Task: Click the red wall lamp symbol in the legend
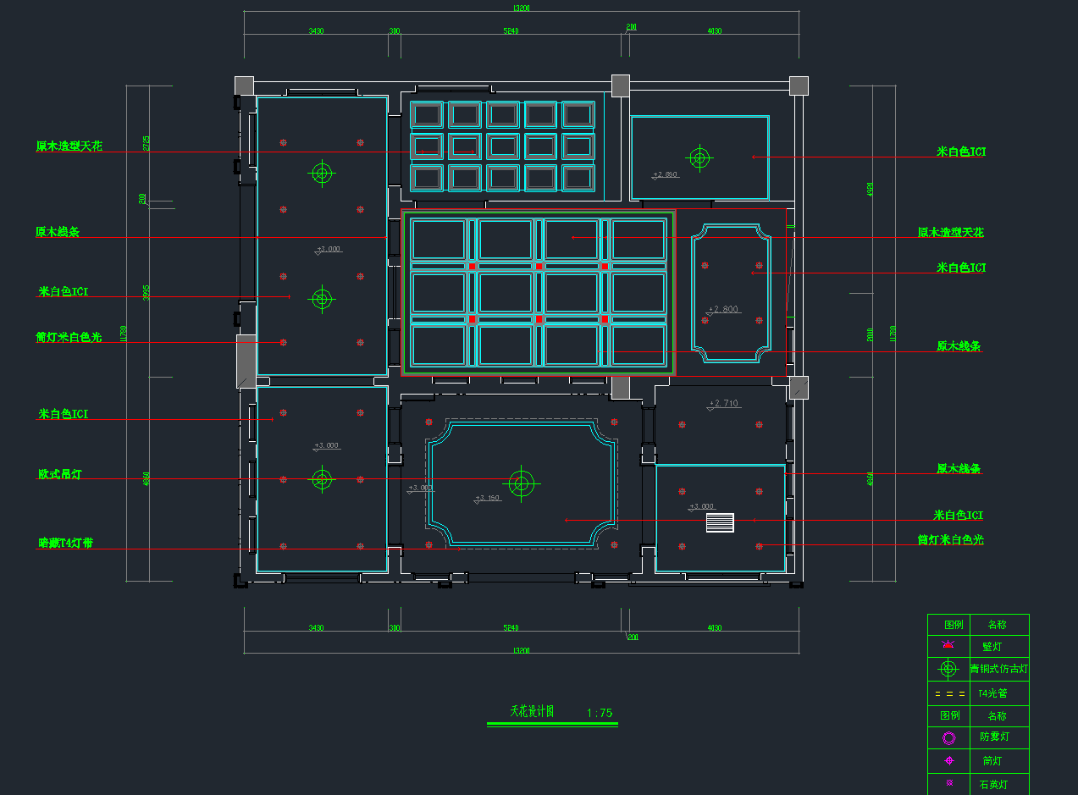948,645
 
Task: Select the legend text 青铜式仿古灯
999,669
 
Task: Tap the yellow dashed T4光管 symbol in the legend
948,693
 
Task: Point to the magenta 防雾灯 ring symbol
948,737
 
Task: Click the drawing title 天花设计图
532,712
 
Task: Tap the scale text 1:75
600,713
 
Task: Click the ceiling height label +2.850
666,175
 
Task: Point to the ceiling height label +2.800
724,309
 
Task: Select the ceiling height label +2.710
724,404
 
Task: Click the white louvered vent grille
720,522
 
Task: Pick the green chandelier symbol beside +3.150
521,484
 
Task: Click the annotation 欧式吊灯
59,474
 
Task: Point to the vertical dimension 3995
146,293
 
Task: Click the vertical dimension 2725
146,144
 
